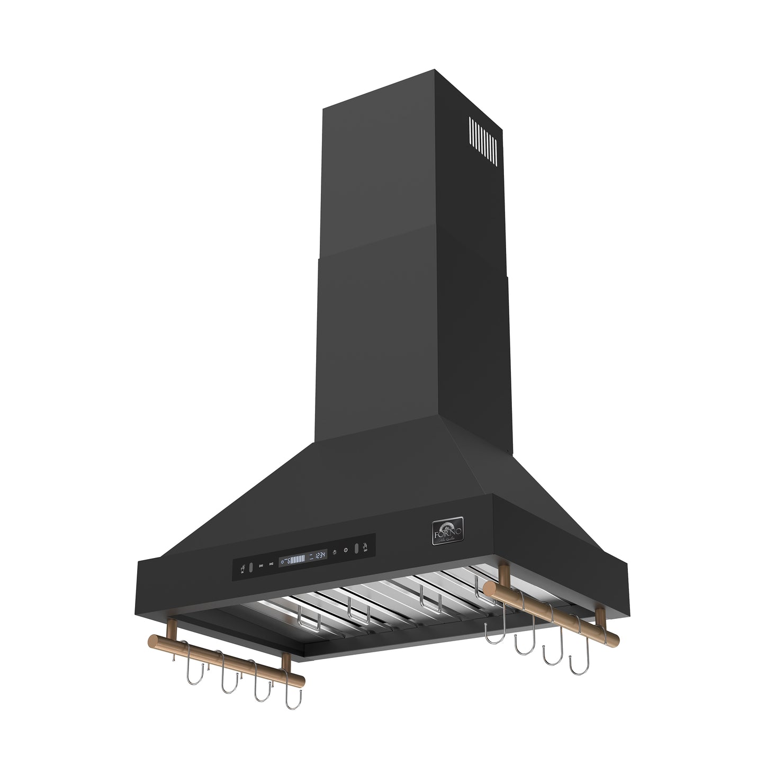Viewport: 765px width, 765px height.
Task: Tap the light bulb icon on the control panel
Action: click(335, 551)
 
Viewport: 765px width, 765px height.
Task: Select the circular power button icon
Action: click(345, 550)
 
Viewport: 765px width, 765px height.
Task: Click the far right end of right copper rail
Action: click(615, 634)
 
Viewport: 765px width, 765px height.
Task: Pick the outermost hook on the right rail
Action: click(576, 659)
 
